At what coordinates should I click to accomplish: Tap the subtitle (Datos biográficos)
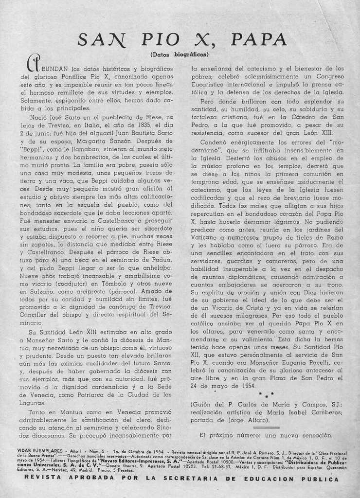click(x=180, y=54)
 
